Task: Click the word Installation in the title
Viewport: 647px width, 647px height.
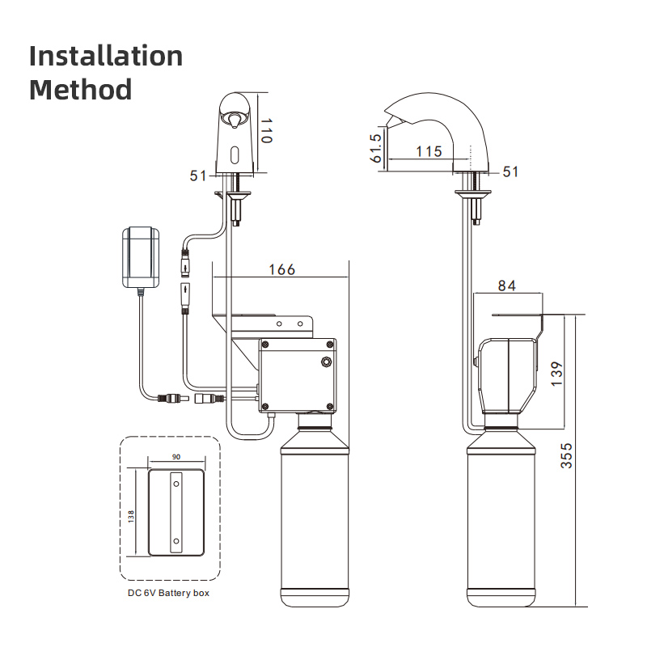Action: tap(106, 57)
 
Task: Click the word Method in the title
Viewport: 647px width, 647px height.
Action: tap(80, 89)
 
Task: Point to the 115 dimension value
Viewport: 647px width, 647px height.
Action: tap(428, 151)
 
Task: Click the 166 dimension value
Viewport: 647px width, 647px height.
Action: tap(281, 269)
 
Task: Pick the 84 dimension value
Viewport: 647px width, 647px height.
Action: tap(506, 285)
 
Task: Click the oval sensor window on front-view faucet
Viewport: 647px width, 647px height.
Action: tap(235, 154)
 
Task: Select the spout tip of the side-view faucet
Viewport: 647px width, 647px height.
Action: tap(390, 121)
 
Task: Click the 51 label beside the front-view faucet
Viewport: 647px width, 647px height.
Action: tap(199, 175)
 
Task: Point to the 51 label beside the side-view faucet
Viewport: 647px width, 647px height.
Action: tap(510, 171)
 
